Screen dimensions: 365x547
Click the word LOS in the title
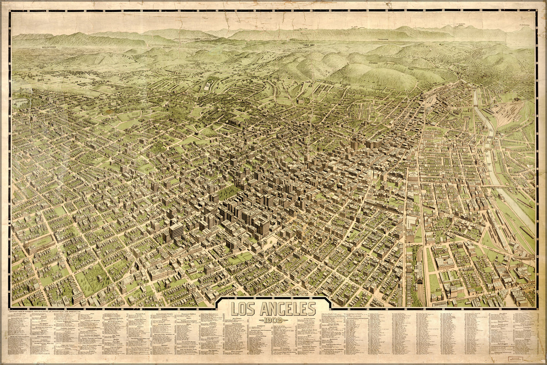pyautogui.click(x=243, y=309)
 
